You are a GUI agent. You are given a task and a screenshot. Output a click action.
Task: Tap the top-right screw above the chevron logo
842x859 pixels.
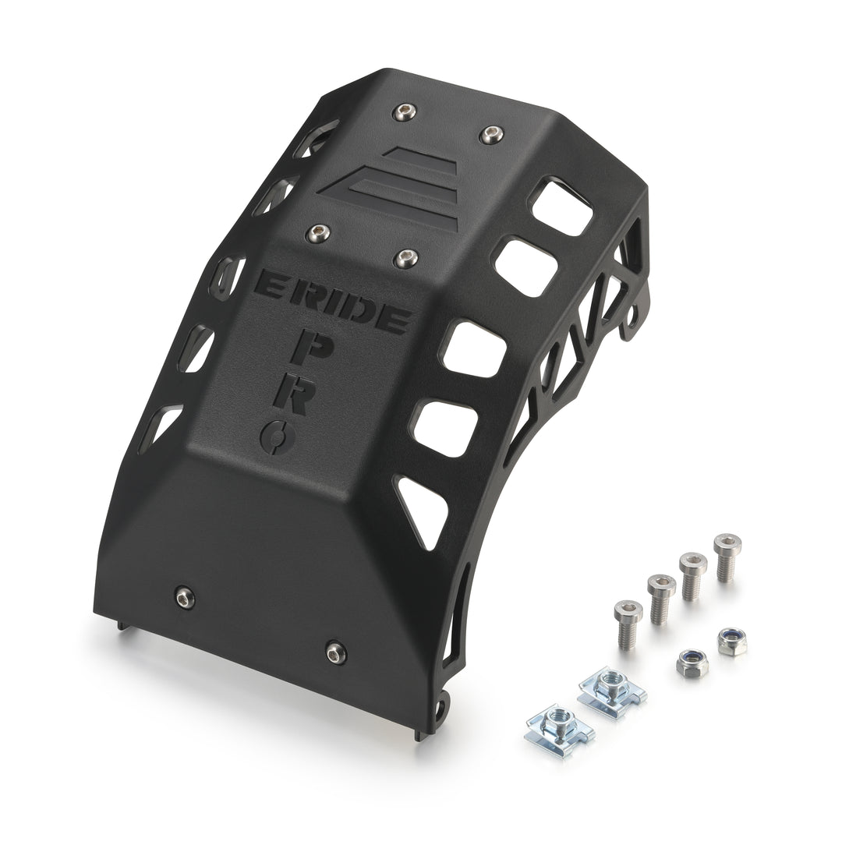pos(491,133)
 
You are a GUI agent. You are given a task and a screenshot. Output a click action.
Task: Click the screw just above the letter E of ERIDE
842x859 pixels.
pos(317,234)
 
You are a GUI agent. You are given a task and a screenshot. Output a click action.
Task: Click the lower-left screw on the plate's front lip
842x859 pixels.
pos(186,597)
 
